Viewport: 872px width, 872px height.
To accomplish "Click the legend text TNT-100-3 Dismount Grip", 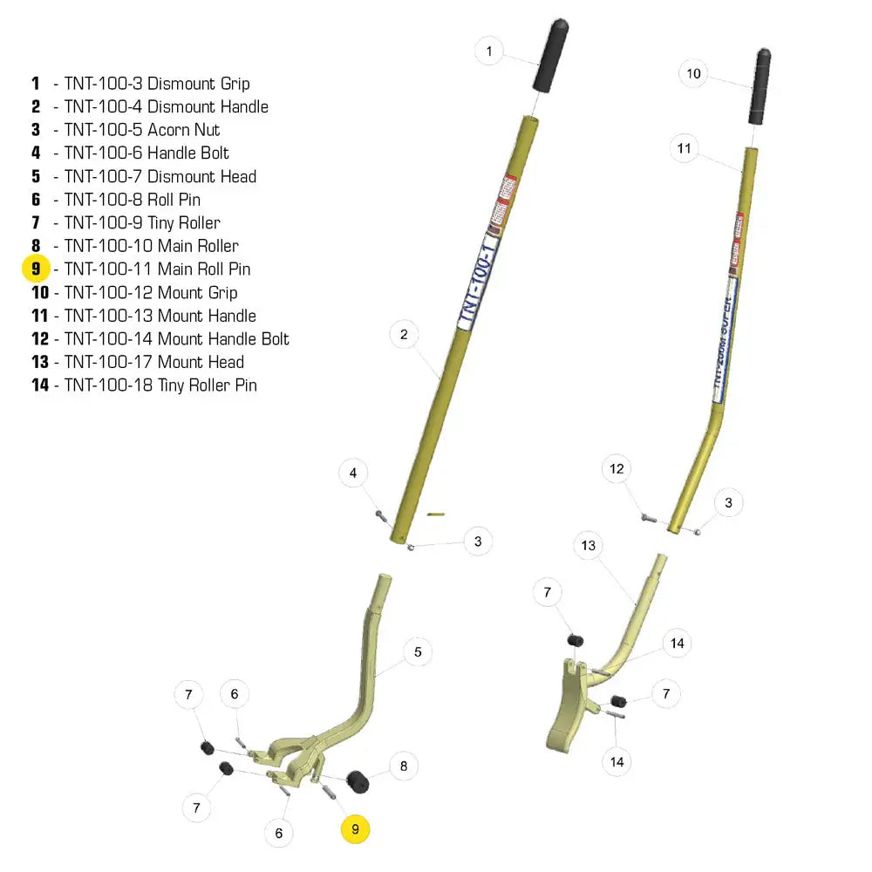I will tap(156, 84).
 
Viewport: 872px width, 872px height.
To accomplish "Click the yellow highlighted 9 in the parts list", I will tap(36, 269).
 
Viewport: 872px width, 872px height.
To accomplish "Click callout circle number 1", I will tap(489, 51).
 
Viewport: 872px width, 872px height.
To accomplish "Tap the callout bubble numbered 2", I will tap(404, 335).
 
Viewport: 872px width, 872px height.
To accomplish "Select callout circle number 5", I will tap(418, 651).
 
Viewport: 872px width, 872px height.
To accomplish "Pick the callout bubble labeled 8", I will tap(403, 766).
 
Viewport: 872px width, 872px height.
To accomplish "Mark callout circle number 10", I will tap(694, 74).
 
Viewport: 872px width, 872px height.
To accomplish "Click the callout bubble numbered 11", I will tap(685, 149).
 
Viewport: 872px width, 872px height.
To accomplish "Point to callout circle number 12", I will tap(617, 469).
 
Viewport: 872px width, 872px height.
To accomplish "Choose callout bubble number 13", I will tap(589, 546).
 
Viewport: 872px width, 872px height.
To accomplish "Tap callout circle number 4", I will tap(353, 474).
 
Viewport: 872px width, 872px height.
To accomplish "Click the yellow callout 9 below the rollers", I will tap(355, 829).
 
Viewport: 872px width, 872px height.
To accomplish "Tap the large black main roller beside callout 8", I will tap(358, 782).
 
